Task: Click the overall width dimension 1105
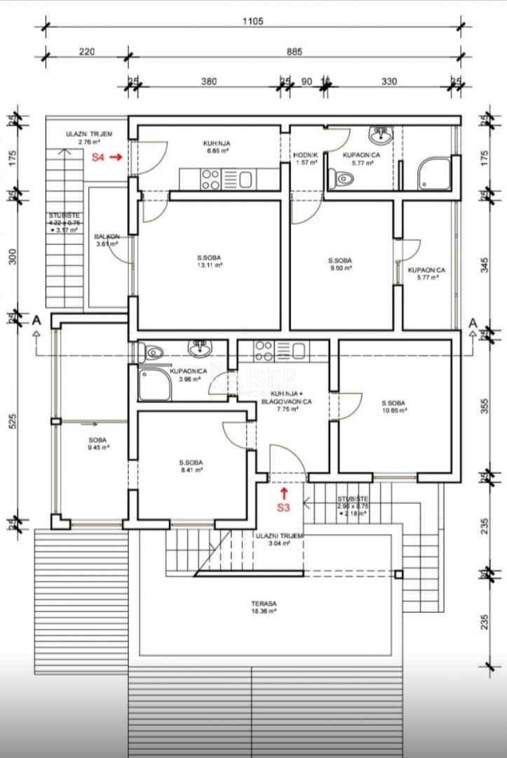253,22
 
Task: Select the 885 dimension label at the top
294,51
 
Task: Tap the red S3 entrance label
283,507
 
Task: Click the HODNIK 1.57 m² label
306,159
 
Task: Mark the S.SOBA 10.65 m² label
395,406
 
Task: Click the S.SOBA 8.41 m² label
191,466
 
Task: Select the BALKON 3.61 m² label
107,240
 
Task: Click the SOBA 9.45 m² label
97,443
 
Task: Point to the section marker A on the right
473,322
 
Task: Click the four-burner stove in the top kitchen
211,180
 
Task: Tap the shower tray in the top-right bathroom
434,173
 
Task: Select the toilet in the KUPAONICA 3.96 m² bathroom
154,352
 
